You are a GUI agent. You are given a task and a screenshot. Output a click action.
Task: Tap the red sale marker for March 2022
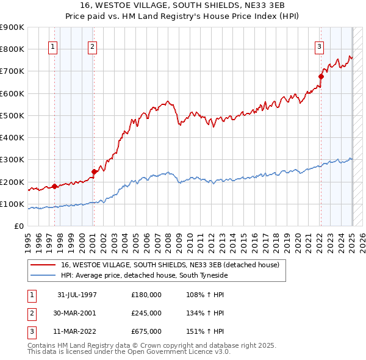(321, 76)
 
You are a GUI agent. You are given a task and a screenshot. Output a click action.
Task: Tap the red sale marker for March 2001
(94, 171)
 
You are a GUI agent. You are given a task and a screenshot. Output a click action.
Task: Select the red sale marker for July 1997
(55, 186)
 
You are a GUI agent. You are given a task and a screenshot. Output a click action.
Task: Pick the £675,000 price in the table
(146, 331)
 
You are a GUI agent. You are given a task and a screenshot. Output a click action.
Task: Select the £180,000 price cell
(146, 295)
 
